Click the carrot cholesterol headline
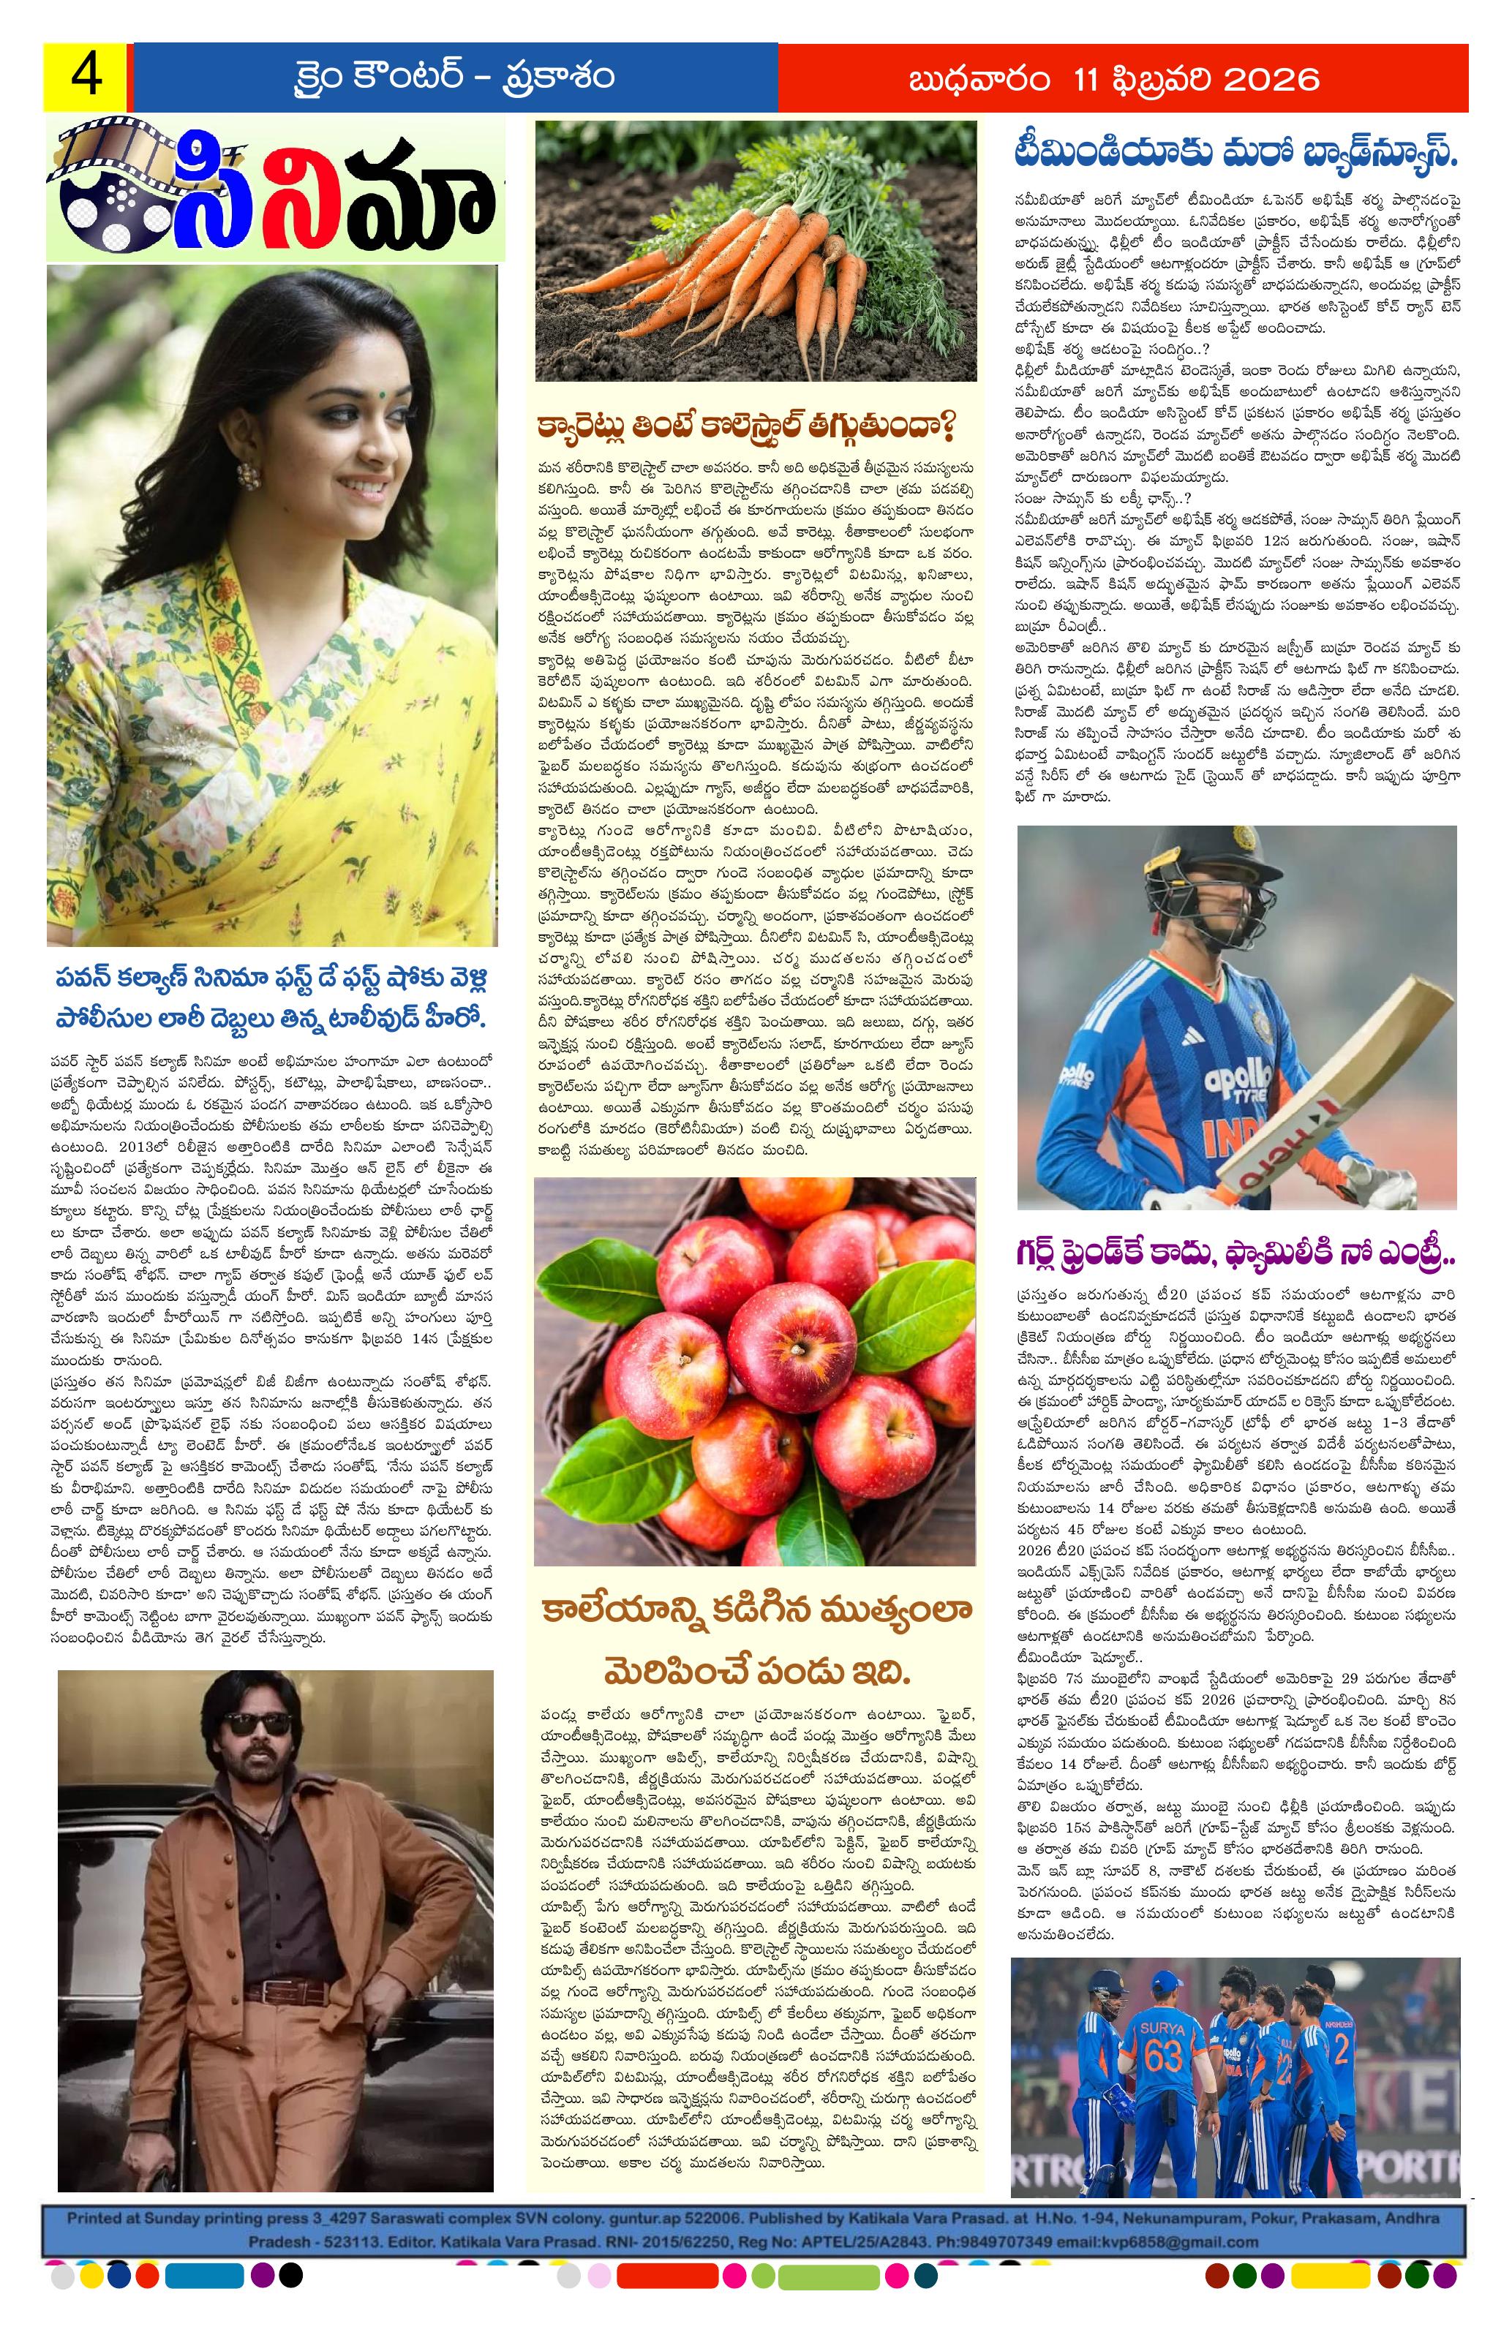(x=745, y=429)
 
